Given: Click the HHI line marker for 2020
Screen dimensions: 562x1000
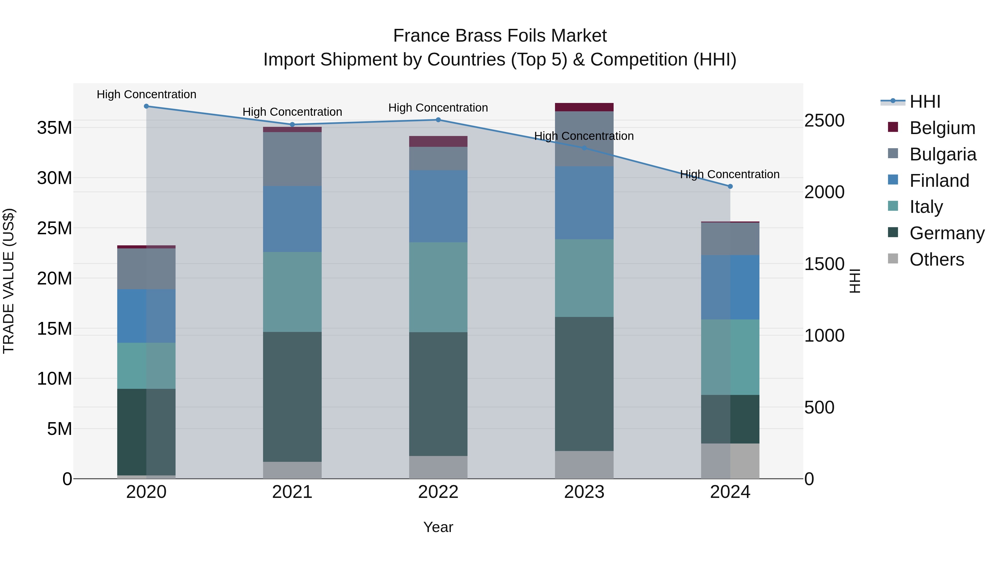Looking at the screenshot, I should [x=146, y=106].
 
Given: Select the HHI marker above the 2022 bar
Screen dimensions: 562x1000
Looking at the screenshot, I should [x=438, y=120].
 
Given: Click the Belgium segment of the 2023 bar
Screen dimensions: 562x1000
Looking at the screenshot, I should [x=584, y=107].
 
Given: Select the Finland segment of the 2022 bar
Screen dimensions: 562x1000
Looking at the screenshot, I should [x=438, y=206].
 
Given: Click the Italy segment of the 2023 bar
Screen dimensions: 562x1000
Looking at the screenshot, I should [x=584, y=278].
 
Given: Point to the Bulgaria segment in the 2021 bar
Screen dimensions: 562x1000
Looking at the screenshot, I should [x=292, y=159].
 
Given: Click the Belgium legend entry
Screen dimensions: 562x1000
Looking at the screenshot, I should [x=942, y=128].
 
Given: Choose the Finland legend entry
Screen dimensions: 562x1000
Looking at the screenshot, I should [x=939, y=181].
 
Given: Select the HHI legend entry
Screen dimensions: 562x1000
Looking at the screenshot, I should [x=925, y=102].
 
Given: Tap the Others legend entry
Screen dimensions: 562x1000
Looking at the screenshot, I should [x=936, y=259].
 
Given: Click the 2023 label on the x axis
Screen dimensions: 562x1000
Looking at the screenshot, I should [x=584, y=492].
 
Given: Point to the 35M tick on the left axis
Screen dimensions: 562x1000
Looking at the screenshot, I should [x=54, y=128].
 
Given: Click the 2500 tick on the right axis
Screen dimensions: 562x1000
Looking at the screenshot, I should [x=824, y=121].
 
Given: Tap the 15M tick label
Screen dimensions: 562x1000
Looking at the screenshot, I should [x=54, y=329].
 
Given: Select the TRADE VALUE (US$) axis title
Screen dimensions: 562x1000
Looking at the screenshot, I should [x=9, y=281].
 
